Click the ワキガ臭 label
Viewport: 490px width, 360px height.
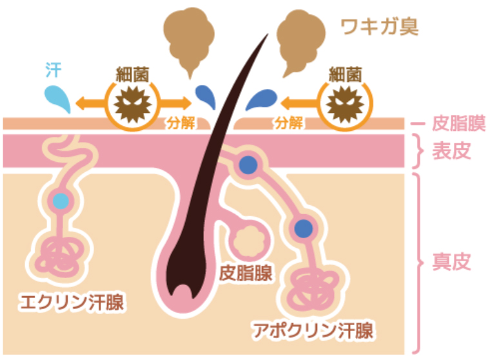click(x=379, y=27)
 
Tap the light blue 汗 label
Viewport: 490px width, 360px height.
click(x=54, y=70)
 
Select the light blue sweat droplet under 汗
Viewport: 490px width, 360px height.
click(x=57, y=99)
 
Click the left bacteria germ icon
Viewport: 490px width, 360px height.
click(x=133, y=104)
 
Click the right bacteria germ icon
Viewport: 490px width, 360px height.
click(x=345, y=104)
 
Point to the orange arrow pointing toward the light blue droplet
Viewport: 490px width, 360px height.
click(x=90, y=103)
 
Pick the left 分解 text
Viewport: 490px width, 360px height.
click(x=181, y=123)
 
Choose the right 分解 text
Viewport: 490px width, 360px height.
click(x=288, y=123)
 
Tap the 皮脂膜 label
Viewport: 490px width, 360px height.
click(x=458, y=123)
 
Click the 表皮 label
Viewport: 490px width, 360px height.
click(x=451, y=151)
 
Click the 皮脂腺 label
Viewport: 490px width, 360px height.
click(x=246, y=273)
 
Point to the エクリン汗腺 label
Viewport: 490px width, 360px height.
click(x=72, y=302)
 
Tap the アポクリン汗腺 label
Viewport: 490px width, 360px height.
click(x=313, y=330)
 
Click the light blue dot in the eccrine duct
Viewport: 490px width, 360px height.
click(x=61, y=201)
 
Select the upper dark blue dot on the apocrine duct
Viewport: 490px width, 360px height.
click(x=248, y=165)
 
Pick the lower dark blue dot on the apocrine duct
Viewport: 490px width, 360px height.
click(x=304, y=228)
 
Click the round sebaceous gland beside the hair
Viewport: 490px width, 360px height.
click(x=249, y=241)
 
